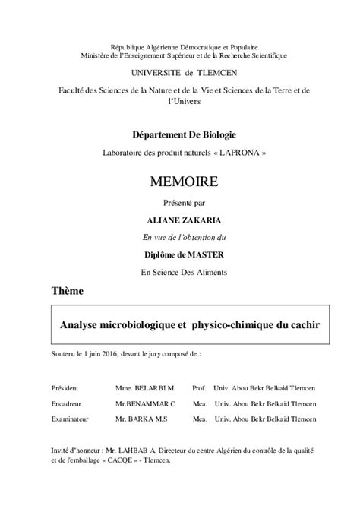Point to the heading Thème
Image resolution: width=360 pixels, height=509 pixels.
coord(67,291)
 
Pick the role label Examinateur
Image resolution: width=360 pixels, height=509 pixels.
coord(71,419)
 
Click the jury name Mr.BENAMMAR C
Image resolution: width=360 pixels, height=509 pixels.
coord(146,403)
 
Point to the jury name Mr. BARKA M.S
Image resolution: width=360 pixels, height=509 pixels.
coord(142,419)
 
